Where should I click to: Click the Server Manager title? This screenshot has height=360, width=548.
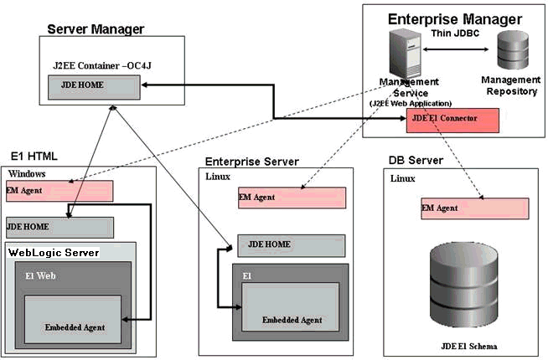tap(96, 29)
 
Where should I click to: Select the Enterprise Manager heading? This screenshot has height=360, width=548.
tap(454, 19)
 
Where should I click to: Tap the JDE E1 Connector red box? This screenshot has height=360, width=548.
tap(452, 119)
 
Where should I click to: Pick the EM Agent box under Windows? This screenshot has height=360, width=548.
tap(59, 191)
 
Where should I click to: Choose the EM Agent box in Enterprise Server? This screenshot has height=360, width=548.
tap(291, 198)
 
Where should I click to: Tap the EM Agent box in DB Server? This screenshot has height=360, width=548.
tap(474, 208)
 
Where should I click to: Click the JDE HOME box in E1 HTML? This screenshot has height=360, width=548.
tap(59, 227)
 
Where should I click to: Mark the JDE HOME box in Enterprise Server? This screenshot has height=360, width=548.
tap(291, 244)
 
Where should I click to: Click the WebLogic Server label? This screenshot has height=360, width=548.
tap(54, 252)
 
